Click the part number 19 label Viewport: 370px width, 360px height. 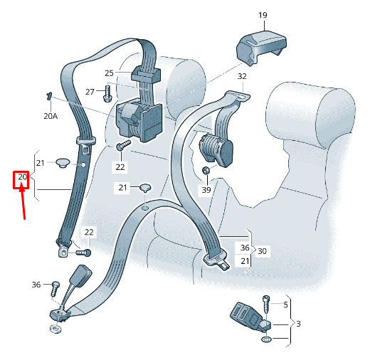pyautogui.click(x=263, y=15)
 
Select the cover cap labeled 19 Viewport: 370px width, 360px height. pyautogui.click(x=261, y=48)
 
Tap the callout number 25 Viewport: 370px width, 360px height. pyautogui.click(x=109, y=73)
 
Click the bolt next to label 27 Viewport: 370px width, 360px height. pyautogui.click(x=107, y=94)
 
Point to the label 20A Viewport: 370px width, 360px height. pyautogui.click(x=51, y=116)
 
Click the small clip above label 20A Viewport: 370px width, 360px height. pyautogui.click(x=49, y=96)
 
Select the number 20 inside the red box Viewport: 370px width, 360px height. pyautogui.click(x=23, y=177)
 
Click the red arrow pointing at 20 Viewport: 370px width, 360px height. pyautogui.click(x=23, y=202)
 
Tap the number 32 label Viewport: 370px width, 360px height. pyautogui.click(x=242, y=76)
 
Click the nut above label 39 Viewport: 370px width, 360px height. pyautogui.click(x=206, y=170)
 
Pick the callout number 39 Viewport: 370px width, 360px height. pyautogui.click(x=206, y=190)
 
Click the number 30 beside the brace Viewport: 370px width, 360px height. pyautogui.click(x=262, y=251)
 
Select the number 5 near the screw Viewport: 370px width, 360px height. pyautogui.click(x=285, y=305)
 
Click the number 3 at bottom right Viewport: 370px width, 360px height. pyautogui.click(x=298, y=324)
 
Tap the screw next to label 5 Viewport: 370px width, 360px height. pyautogui.click(x=266, y=305)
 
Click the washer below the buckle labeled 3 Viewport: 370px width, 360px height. pyautogui.click(x=266, y=339)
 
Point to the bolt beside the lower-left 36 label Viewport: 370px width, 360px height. pyautogui.click(x=55, y=288)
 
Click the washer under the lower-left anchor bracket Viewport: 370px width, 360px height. pyautogui.click(x=55, y=329)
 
